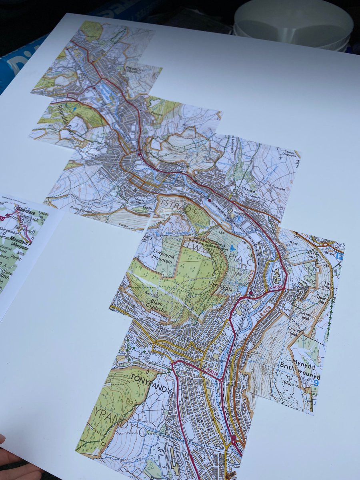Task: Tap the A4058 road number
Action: pyautogui.click(x=276, y=286)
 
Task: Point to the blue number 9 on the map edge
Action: pyautogui.click(x=316, y=383)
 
